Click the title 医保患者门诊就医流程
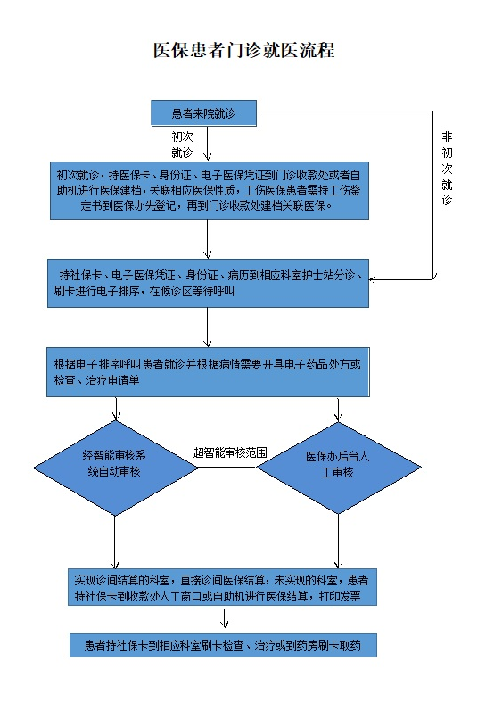tap(244, 50)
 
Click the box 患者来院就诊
tap(203, 113)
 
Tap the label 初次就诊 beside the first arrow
tap(182, 145)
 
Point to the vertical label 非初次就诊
tap(447, 168)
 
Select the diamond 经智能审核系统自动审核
tap(115, 468)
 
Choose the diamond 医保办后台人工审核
tap(338, 468)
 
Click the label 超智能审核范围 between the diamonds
tap(230, 453)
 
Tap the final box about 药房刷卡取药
tap(223, 644)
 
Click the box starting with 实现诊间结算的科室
tap(222, 587)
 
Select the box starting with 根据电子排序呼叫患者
tap(208, 372)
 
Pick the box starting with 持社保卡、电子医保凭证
tap(208, 283)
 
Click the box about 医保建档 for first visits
tap(209, 190)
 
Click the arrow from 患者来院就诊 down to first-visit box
tap(207, 144)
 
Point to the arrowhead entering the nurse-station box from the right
tap(372, 279)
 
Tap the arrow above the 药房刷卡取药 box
tap(224, 618)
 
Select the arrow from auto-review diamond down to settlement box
tap(115, 543)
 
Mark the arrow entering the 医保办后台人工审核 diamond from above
tap(338, 410)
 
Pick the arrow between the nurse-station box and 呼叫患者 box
tap(207, 327)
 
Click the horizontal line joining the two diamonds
tap(227, 468)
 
